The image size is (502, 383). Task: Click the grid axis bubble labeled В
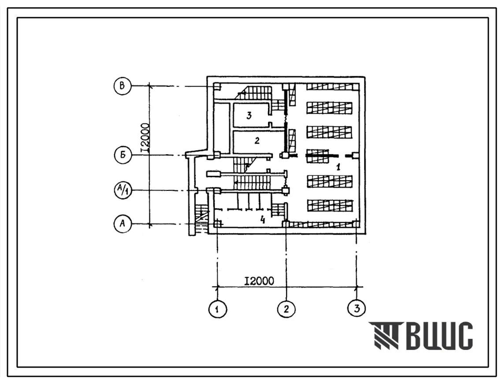(x=122, y=86)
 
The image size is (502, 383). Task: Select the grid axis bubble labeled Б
(x=123, y=155)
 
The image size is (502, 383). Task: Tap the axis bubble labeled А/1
(x=123, y=190)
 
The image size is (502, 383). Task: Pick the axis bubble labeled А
(x=123, y=223)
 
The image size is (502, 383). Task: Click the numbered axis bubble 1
(x=218, y=309)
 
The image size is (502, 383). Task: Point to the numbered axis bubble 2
(x=286, y=309)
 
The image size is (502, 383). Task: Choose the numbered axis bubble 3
(x=356, y=308)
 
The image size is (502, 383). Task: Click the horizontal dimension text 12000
(x=259, y=281)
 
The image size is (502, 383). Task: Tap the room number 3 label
(x=249, y=115)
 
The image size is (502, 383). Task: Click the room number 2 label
(x=257, y=140)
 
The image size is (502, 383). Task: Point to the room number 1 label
(x=338, y=167)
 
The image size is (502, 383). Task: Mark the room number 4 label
(x=263, y=219)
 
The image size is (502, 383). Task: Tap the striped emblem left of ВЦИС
(x=384, y=335)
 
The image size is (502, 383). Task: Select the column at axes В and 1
(x=217, y=86)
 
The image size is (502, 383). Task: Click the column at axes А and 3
(x=356, y=223)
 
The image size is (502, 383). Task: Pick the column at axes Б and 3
(x=356, y=155)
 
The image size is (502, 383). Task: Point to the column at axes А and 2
(x=286, y=223)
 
